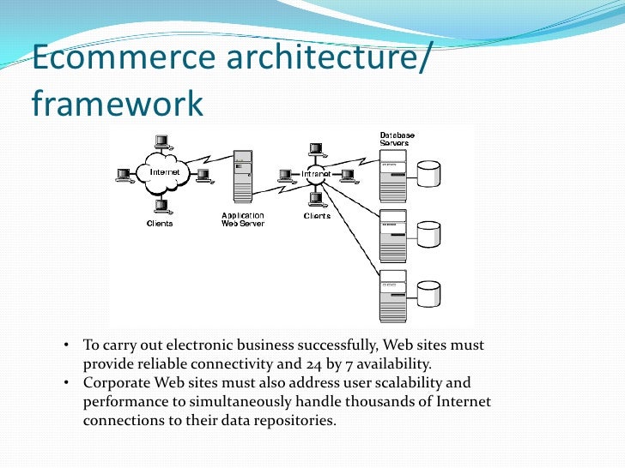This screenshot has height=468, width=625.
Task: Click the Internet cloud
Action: [166, 171]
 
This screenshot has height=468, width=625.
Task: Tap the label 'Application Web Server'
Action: [243, 219]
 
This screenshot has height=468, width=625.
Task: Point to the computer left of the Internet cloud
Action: [124, 173]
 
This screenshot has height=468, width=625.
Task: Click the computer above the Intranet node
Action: [316, 149]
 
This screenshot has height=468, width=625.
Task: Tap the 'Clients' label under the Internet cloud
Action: [160, 224]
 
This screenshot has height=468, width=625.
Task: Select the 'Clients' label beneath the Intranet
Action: [317, 216]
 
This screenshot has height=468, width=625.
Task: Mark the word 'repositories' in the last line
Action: [291, 420]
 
